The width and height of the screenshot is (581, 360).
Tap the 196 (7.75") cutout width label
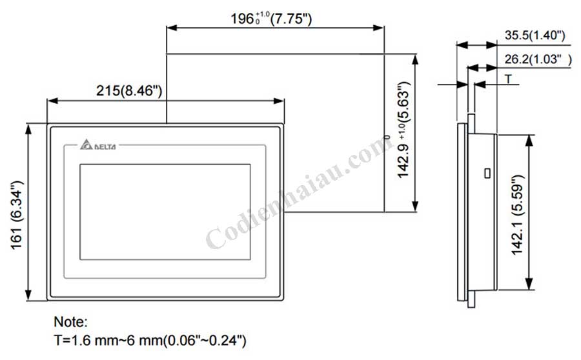272,19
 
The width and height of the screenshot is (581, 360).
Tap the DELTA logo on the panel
98,146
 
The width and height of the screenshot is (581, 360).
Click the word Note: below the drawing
70,321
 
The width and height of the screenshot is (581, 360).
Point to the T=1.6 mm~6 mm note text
150,339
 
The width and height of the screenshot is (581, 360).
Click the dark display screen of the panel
165,212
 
